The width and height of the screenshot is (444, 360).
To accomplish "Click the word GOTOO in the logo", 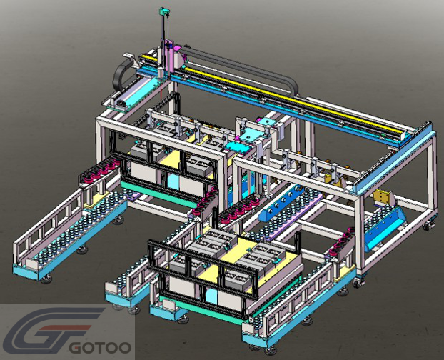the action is click(101, 347).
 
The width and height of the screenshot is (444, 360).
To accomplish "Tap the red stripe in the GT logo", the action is click(66, 328).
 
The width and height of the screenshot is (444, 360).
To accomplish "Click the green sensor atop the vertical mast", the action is click(164, 11).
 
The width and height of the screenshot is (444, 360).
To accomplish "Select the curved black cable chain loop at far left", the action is click(121, 74).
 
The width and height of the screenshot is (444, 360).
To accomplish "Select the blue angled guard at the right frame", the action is click(385, 229).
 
